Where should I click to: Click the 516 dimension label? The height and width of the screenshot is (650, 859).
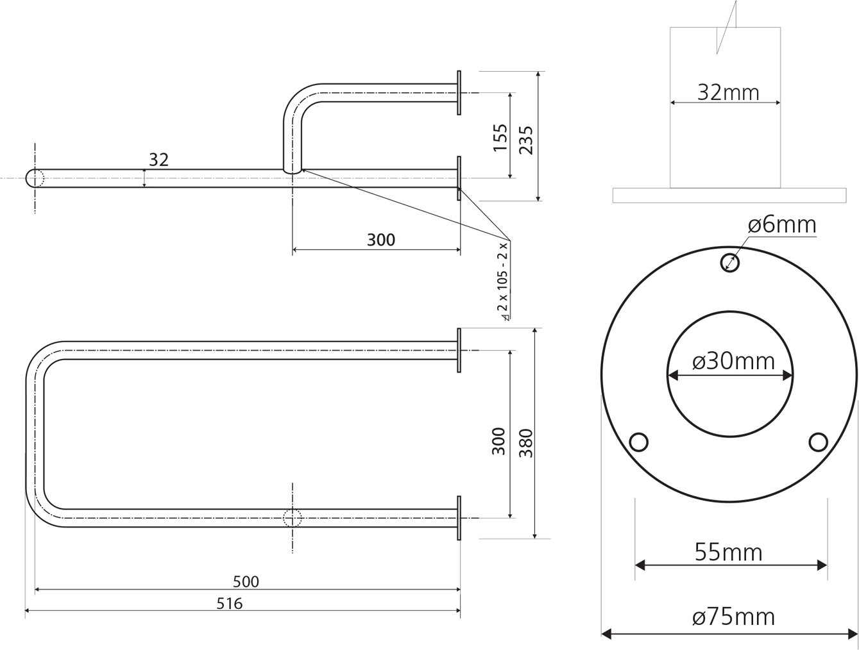[x=230, y=603]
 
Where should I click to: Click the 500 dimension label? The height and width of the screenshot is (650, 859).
[x=246, y=582]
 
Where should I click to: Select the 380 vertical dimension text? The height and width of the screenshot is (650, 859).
[x=526, y=443]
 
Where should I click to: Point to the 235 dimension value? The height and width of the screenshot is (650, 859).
[x=526, y=140]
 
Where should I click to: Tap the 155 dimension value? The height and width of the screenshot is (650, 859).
[x=500, y=138]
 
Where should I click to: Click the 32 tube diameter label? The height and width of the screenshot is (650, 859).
[x=158, y=160]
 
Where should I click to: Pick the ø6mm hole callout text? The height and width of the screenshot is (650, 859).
[x=782, y=225]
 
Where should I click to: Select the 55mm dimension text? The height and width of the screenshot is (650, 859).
[x=728, y=553]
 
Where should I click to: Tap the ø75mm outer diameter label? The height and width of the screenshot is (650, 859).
[x=733, y=617]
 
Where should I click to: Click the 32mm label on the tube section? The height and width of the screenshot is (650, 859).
[x=728, y=93]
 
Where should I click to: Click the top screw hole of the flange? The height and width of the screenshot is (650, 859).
[x=730, y=263]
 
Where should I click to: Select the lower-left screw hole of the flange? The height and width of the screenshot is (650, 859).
[x=639, y=442]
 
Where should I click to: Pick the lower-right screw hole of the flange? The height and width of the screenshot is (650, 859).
[x=818, y=442]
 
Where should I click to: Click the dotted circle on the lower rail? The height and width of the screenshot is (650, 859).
[x=293, y=518]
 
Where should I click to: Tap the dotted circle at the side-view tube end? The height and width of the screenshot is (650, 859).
[x=35, y=178]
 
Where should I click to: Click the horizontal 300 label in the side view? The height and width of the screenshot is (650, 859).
[x=381, y=240]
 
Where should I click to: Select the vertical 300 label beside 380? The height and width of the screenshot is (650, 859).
[x=498, y=441]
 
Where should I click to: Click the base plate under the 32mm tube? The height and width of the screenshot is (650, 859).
[x=729, y=196]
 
